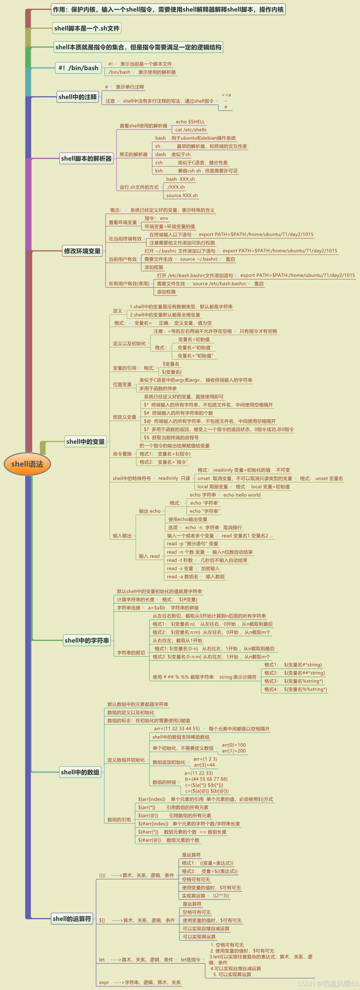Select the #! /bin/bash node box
pos(78,68)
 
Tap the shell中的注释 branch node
pos(78,97)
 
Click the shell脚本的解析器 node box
pos(87,158)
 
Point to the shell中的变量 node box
pos(85,441)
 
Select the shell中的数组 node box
pos(80,772)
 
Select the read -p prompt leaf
pos(192,544)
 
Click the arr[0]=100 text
pos(233,745)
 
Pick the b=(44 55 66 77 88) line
pos(206,779)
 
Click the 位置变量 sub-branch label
pos(122,384)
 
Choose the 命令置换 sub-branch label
pos(122,454)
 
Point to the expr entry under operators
pos(104,982)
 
